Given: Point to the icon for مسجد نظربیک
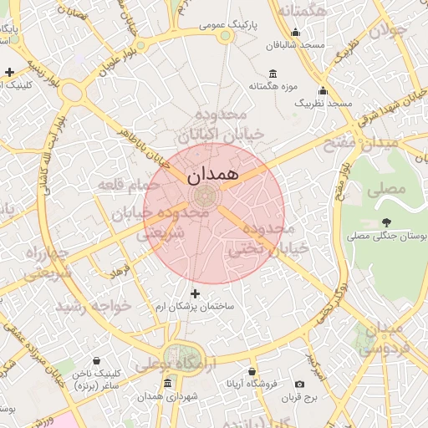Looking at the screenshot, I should pos(323,90).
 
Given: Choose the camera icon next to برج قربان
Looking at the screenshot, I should pos(300,384).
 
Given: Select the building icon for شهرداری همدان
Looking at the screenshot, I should pos(168,384).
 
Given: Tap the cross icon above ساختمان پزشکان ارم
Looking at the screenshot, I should pos(196,293).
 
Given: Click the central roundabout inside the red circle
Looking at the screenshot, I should pos(202,196).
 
